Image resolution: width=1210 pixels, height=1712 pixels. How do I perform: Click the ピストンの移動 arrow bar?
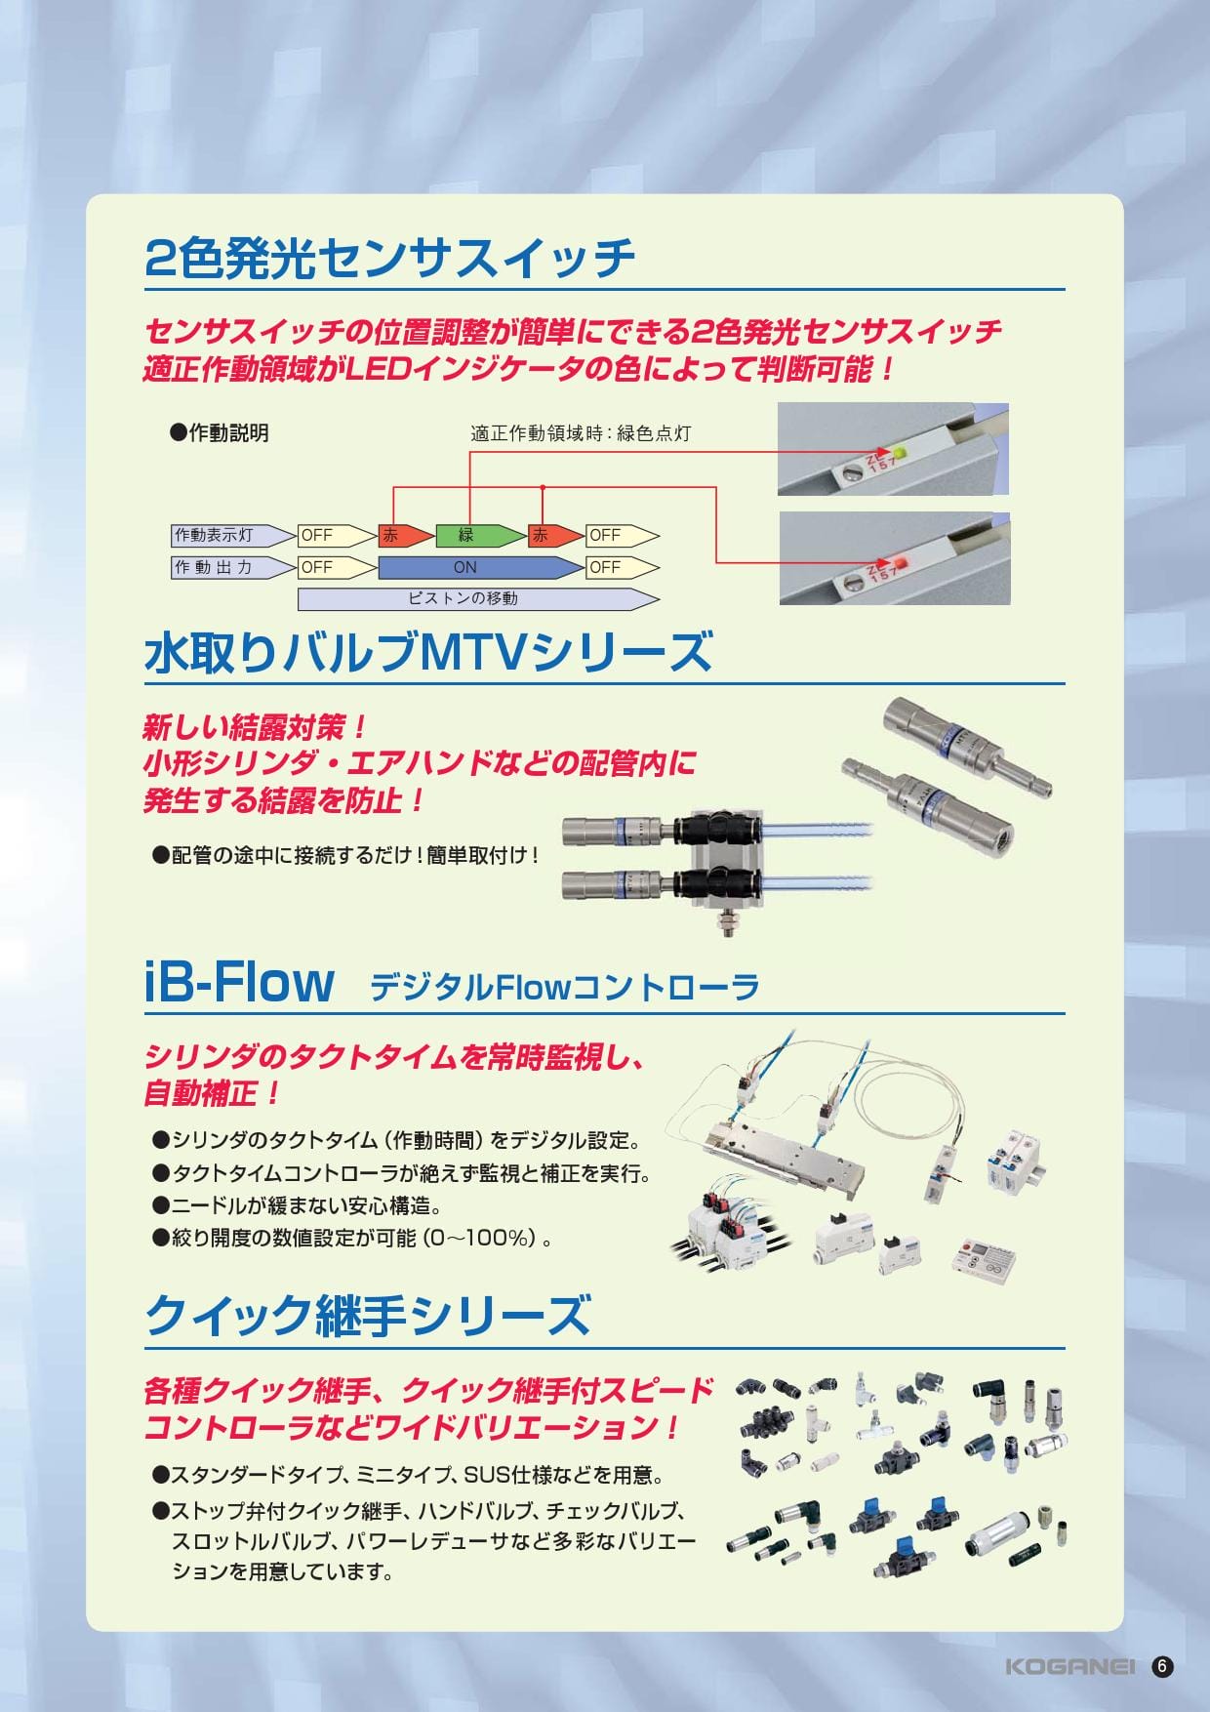(478, 598)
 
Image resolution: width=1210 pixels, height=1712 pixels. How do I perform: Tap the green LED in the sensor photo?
(901, 453)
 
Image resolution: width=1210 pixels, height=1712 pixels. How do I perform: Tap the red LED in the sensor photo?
(900, 562)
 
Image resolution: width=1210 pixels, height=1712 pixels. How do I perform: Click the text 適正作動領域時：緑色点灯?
(581, 433)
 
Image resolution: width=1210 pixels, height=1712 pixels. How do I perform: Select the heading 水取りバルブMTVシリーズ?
(428, 653)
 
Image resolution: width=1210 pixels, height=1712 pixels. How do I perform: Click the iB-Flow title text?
(240, 982)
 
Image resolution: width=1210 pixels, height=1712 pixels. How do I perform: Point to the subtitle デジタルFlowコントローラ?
(564, 988)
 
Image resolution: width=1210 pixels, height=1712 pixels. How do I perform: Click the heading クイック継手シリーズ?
(368, 1316)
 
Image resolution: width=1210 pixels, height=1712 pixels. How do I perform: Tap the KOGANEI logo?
(1069, 1667)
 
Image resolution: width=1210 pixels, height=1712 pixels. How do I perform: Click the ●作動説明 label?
(220, 433)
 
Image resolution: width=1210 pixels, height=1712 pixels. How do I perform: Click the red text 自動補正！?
(213, 1093)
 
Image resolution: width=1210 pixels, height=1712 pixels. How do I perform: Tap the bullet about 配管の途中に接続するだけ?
(346, 856)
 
